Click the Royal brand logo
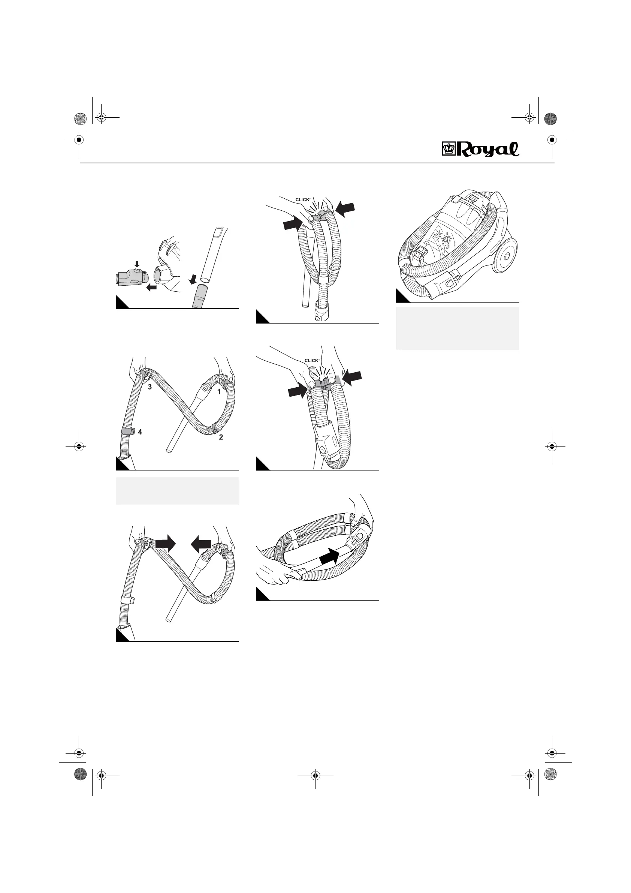click(x=480, y=149)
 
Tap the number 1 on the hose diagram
click(x=219, y=392)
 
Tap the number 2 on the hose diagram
click(x=221, y=437)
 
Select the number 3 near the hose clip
click(x=150, y=387)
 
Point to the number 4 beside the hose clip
click(x=140, y=432)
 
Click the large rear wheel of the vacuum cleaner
click(x=505, y=256)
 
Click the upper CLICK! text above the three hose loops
click(x=303, y=200)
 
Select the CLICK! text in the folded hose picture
click(x=312, y=361)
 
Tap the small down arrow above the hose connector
click(x=137, y=264)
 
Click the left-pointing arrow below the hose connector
click(x=152, y=288)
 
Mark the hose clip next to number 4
click(x=128, y=431)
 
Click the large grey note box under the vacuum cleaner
click(x=457, y=328)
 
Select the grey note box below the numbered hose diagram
click(x=177, y=491)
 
